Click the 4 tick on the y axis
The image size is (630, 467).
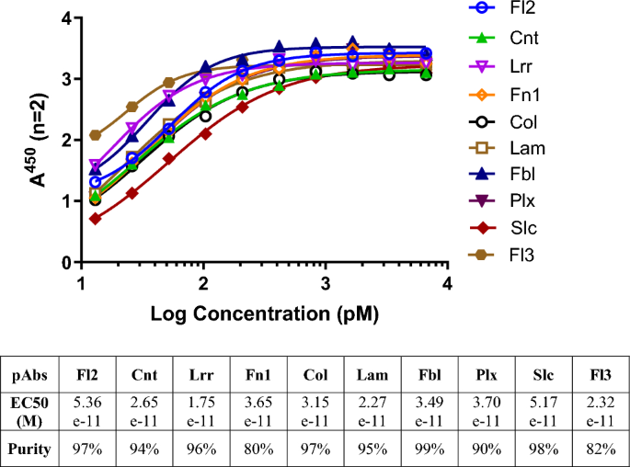tap(66, 18)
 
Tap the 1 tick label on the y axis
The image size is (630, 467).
tap(66, 201)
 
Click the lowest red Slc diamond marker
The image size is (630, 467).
tap(96, 218)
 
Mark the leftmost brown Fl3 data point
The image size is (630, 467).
tap(96, 135)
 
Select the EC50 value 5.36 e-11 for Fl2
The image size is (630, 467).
tap(89, 412)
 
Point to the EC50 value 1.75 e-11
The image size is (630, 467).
tap(200, 412)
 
